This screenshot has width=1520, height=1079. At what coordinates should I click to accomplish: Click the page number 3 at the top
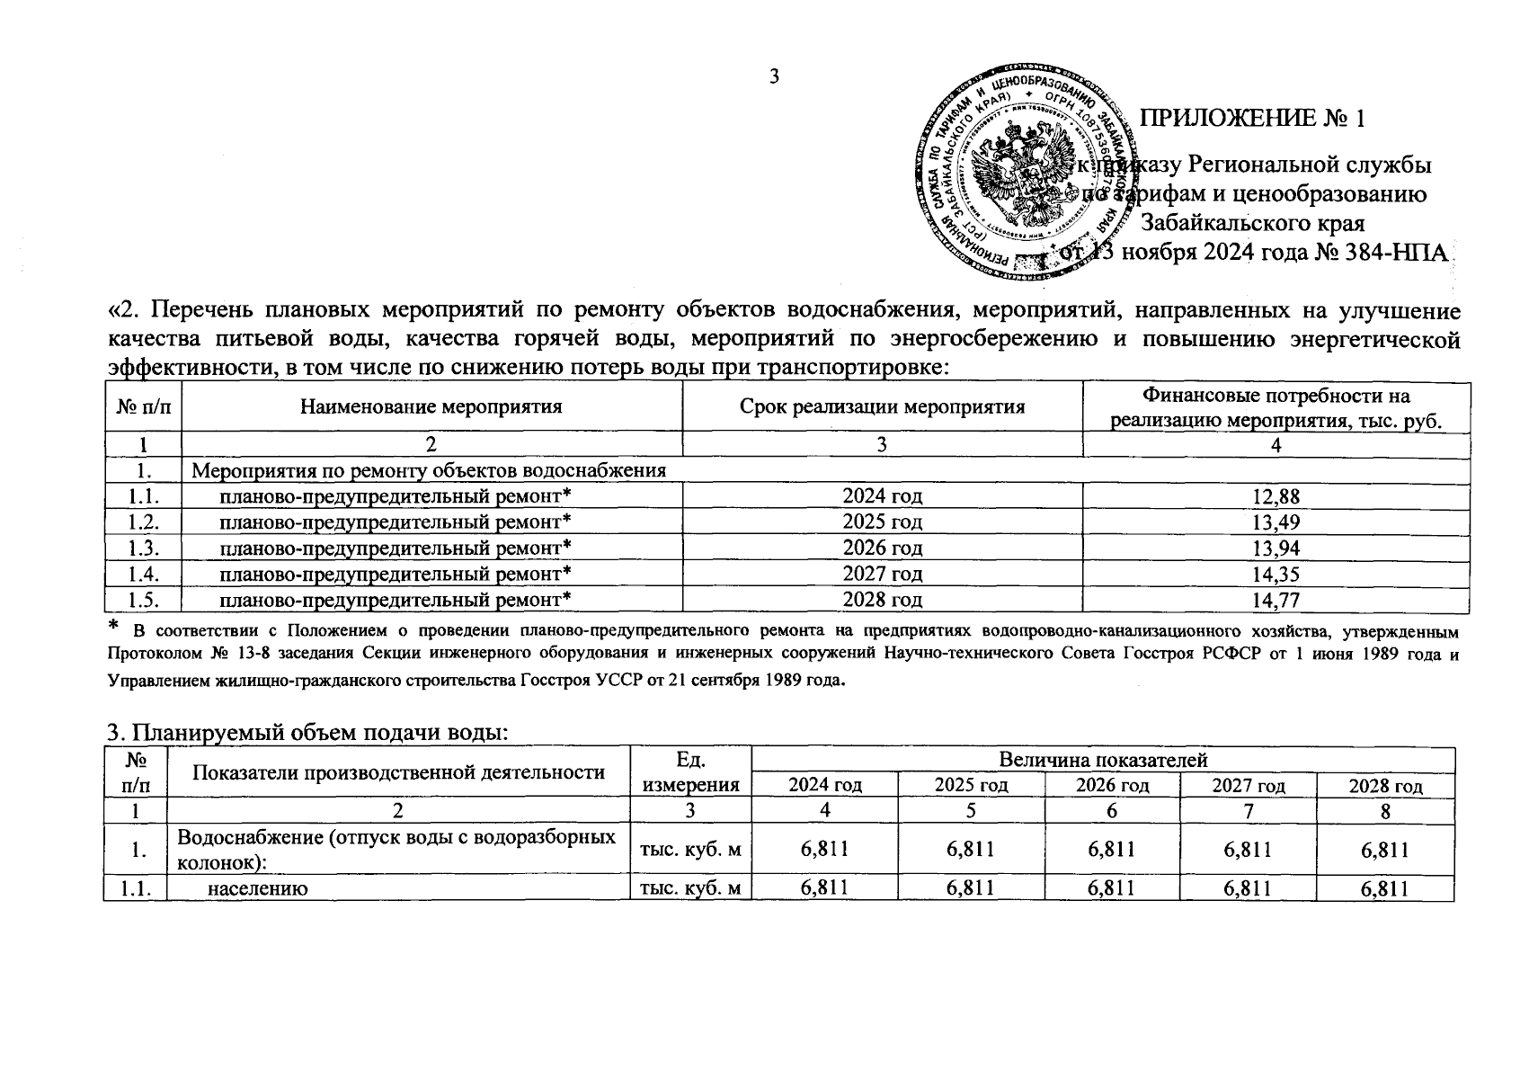point(774,77)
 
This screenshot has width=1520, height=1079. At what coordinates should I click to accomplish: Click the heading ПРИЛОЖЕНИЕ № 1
point(1252,119)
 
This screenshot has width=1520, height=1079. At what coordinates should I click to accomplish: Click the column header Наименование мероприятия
point(431,406)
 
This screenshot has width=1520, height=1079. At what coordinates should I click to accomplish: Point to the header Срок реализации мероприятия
point(882,406)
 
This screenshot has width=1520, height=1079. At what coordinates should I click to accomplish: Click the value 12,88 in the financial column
point(1276,496)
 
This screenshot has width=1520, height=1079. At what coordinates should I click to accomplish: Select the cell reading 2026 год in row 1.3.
point(882,548)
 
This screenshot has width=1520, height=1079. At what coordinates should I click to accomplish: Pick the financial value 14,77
point(1276,600)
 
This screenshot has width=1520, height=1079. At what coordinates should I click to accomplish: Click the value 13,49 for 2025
point(1276,522)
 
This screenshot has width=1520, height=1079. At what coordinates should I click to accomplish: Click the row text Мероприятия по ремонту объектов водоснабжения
point(430,470)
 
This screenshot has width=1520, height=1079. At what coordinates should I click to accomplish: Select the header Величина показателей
point(1102,761)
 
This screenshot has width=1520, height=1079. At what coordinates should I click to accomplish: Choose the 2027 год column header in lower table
point(1248,785)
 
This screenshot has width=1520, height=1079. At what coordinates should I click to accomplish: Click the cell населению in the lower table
point(259,889)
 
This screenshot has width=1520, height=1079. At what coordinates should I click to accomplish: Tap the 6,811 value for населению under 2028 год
point(1384,889)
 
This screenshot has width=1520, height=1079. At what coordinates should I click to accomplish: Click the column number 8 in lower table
point(1384,811)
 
